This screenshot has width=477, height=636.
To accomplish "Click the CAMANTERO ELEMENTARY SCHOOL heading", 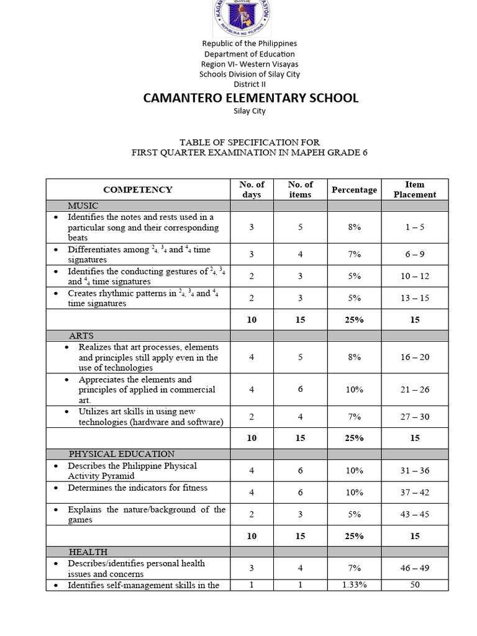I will pos(250,98).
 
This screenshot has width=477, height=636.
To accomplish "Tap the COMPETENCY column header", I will pos(138,189).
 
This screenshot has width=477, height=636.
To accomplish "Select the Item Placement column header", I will pos(414,189).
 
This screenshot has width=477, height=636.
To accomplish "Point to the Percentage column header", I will pos(354,189).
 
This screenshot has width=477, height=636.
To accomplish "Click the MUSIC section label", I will pos(83,206).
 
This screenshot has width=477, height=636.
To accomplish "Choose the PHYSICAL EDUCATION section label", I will pos(122,454).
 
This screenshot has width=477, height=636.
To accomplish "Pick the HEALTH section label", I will pos(88,552).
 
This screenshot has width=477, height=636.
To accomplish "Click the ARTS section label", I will pos(81,335).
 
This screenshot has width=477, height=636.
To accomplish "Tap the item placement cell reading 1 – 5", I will pos(414,227).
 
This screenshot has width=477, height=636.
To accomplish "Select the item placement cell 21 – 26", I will pos(414,389).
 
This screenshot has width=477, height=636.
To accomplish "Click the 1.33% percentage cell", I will pos(354,585).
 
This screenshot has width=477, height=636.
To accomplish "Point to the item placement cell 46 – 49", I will pos(414,568).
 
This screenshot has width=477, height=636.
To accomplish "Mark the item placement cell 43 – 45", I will pos(414,514).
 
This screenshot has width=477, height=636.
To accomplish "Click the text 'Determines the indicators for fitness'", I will pos(138,488).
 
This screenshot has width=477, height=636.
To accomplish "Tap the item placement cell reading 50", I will pos(414,585).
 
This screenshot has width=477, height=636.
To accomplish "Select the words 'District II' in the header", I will pos(249,84).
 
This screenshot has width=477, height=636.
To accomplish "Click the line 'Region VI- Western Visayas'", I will pos(249,64).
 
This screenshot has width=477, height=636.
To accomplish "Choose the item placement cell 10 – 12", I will pos(414,276).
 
